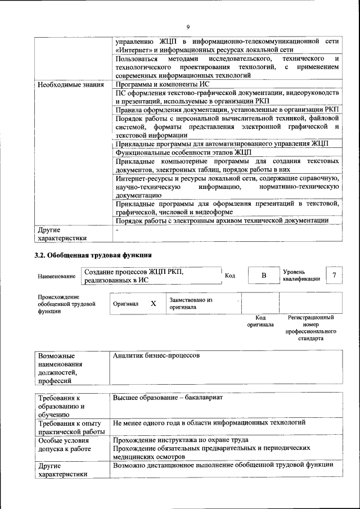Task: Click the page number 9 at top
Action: (x=188, y=26)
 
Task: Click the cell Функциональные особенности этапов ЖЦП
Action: (x=183, y=152)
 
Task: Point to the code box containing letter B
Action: (x=263, y=276)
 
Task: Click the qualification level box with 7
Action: (x=335, y=275)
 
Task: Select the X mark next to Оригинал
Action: (x=153, y=303)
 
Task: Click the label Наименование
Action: (x=57, y=276)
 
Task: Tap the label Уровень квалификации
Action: (x=301, y=275)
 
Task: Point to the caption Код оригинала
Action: (x=260, y=321)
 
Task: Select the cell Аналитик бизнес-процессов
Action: (x=156, y=356)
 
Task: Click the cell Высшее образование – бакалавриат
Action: (x=168, y=398)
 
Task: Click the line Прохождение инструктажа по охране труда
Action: (x=181, y=440)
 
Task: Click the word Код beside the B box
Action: (x=230, y=276)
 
